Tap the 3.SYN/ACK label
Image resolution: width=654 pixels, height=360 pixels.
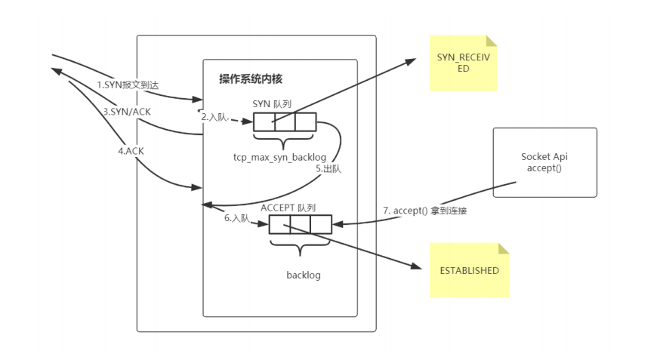(126, 111)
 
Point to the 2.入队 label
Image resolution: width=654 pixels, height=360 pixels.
(214, 117)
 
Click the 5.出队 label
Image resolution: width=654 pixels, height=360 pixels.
(329, 170)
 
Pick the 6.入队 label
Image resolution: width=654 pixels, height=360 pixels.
(236, 217)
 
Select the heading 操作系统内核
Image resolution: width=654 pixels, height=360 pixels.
(251, 79)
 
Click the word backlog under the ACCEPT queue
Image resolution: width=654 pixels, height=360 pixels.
(303, 275)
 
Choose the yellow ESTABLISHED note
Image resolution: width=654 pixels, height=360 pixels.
(468, 270)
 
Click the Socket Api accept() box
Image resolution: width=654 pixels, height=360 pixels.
(544, 162)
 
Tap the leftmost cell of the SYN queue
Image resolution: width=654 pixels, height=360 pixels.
(264, 122)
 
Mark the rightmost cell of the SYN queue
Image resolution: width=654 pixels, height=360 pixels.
(305, 122)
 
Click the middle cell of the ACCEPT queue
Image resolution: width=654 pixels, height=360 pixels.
(300, 224)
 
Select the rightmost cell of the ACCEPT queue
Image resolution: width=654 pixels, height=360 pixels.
(321, 224)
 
